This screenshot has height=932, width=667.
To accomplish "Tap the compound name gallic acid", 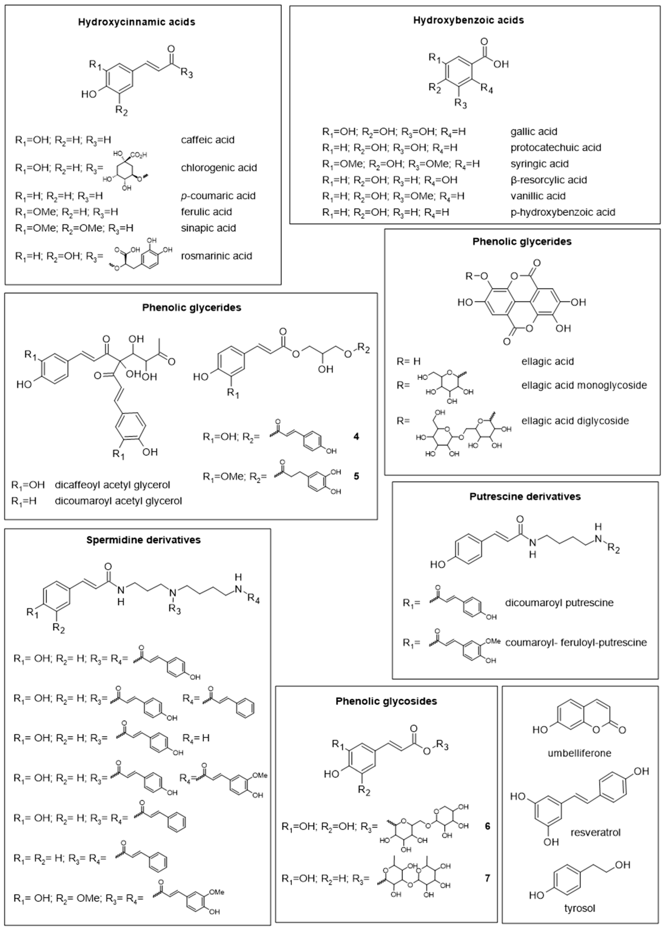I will (533, 132).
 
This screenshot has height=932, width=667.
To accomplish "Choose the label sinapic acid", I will (208, 228).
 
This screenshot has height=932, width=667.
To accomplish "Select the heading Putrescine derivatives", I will (525, 496).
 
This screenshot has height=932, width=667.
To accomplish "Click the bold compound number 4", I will (356, 436).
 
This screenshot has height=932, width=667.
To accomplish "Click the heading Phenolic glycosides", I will (386, 701).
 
